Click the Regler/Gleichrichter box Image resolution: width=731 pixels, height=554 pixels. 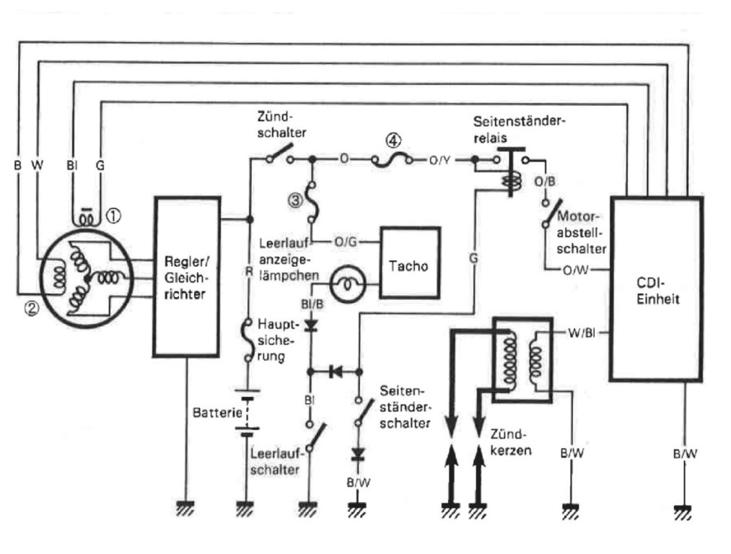point(187,276)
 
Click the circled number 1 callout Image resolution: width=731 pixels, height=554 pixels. point(112,214)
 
